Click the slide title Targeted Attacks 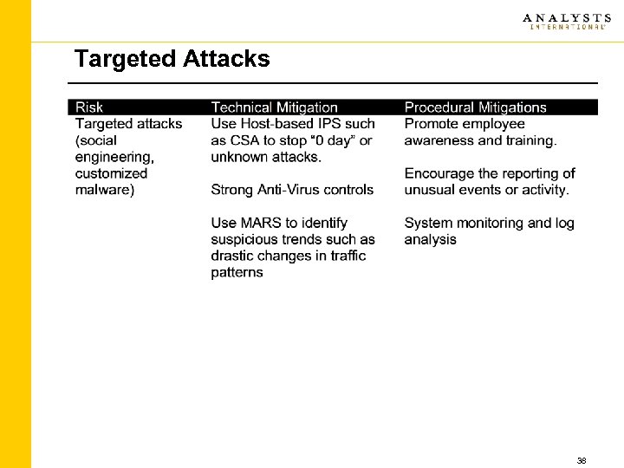point(172,59)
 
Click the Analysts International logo point(564,21)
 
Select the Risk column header point(89,107)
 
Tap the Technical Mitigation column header point(274,107)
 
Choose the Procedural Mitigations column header point(475,107)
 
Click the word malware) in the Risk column point(105,190)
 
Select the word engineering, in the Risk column point(115,157)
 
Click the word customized point(112,173)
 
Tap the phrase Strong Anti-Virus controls point(292,190)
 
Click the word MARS point(257,223)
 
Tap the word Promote point(432,124)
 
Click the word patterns point(237,272)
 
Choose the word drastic point(232,256)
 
